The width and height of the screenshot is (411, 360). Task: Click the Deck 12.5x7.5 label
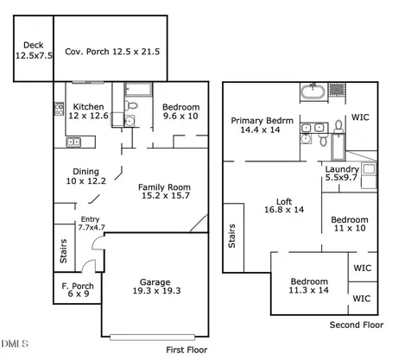pos(34,50)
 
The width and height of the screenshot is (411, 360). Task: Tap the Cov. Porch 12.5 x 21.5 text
pos(112,52)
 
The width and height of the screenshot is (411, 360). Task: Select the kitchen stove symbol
pos(59,109)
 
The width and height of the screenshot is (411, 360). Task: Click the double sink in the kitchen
pos(73,142)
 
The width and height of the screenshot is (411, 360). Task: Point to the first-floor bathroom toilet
pos(131,105)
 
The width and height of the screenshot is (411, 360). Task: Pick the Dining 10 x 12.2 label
pos(85,176)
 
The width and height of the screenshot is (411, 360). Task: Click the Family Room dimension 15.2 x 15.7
pos(166,196)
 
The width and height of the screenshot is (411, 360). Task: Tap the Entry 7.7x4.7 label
pos(92,224)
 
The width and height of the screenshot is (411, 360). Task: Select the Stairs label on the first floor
pos(63,251)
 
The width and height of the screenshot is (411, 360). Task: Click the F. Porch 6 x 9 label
pos(78,290)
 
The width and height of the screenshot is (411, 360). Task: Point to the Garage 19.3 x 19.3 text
pos(156,287)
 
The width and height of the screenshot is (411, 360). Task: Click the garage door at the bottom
pos(152,338)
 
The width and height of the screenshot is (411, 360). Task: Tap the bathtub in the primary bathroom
pos(313,92)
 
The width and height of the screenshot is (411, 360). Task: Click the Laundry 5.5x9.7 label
pos(342,174)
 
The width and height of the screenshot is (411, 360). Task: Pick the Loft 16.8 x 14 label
pos(284,205)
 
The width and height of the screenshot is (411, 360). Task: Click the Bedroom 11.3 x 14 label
pos(309,286)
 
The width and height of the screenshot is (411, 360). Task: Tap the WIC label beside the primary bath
pos(360,117)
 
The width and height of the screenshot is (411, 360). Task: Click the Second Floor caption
pos(357,325)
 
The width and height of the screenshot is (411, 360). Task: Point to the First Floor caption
pos(187,350)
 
